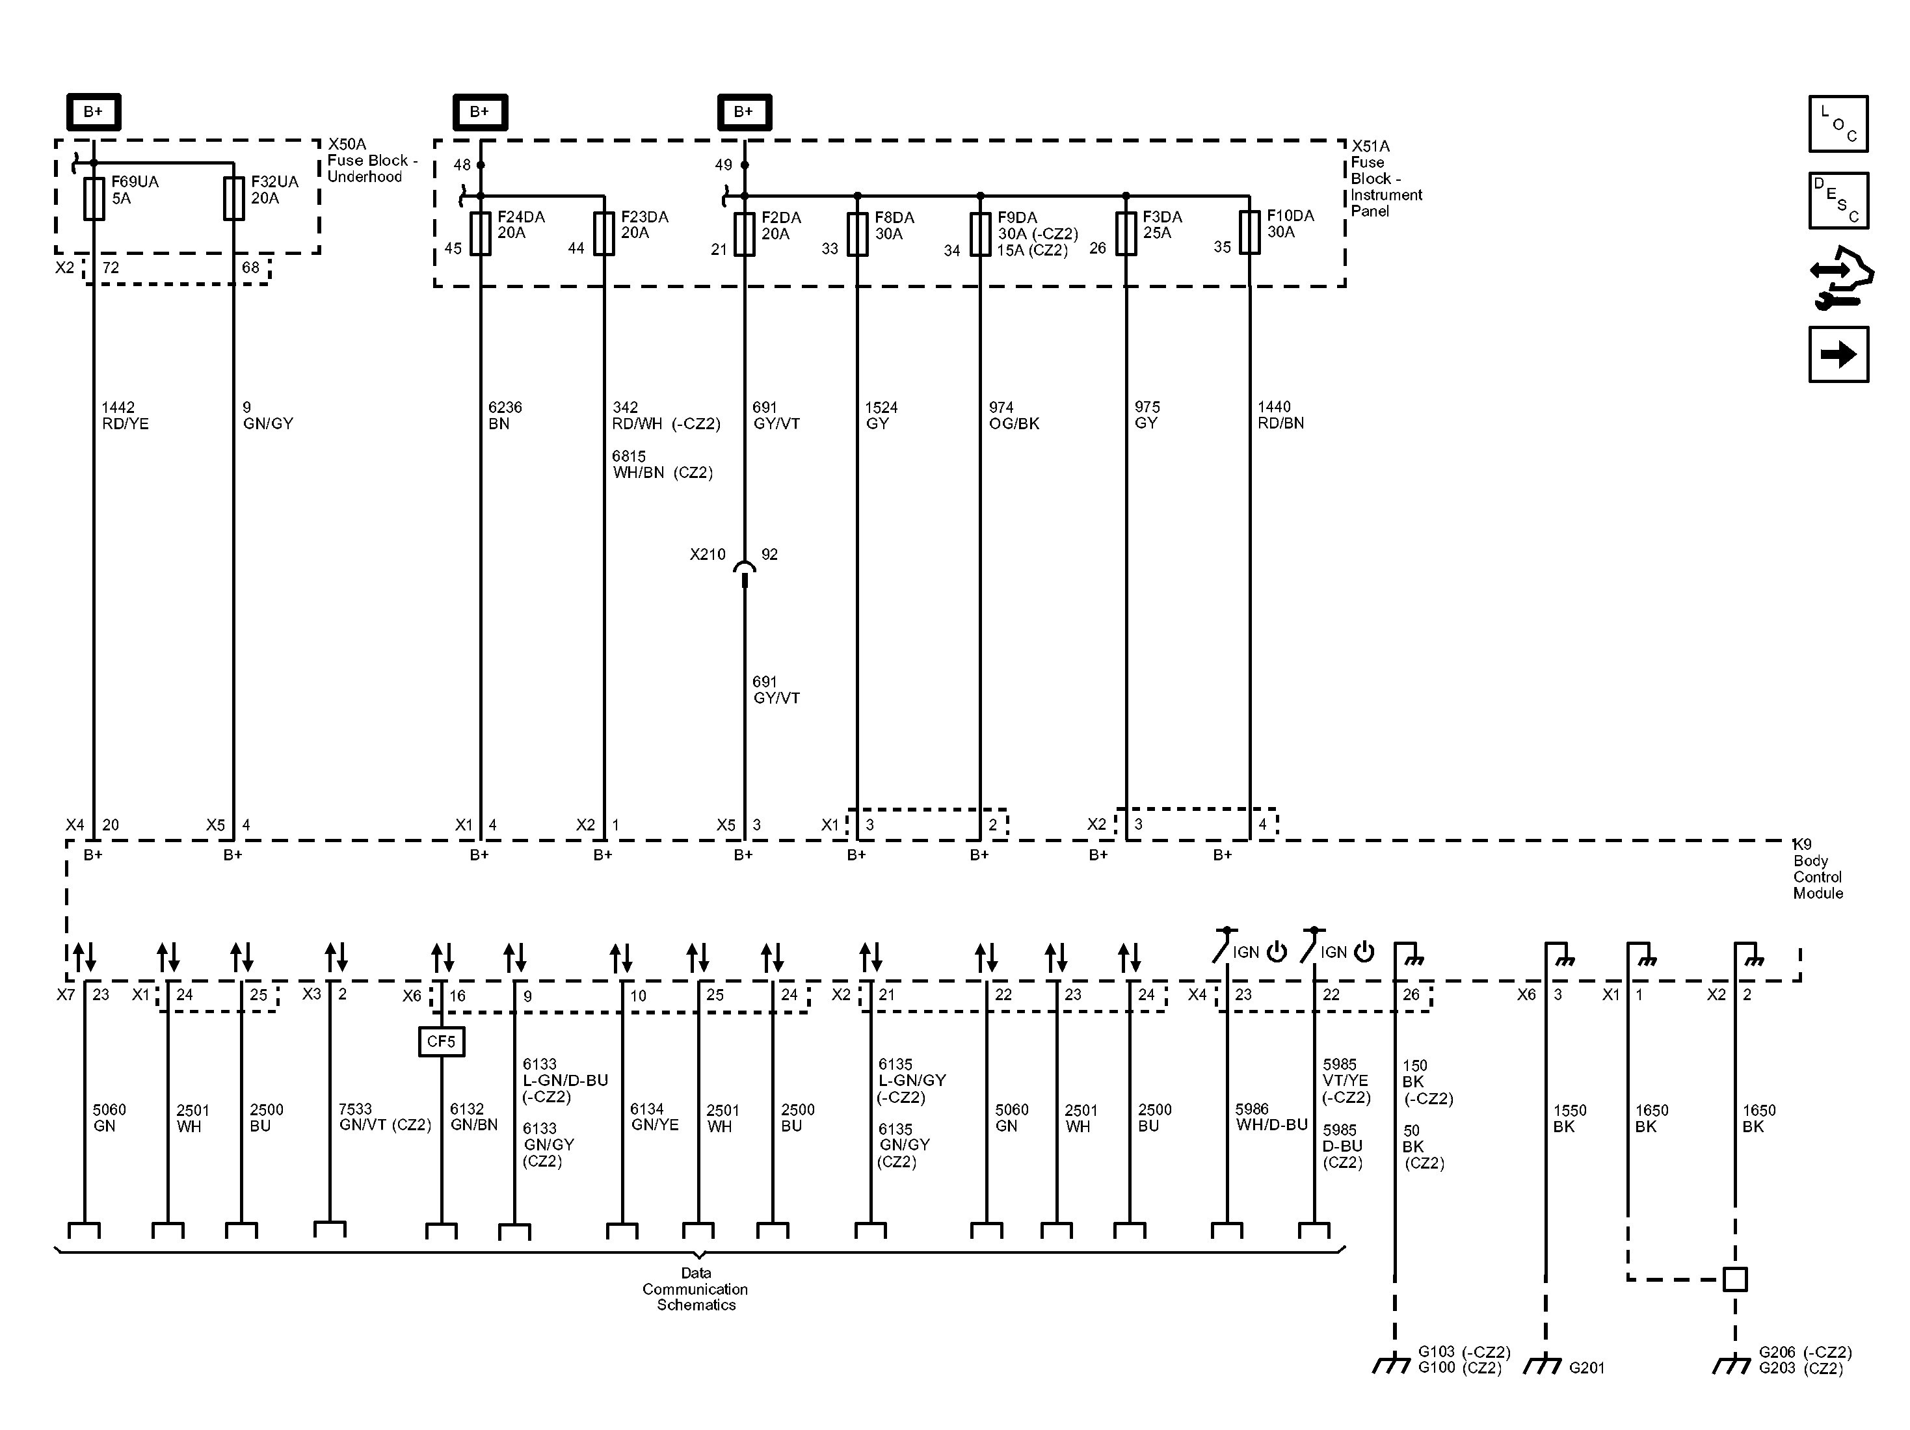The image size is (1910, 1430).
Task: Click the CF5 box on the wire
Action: [x=441, y=1041]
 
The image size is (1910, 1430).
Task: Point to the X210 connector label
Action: [x=707, y=555]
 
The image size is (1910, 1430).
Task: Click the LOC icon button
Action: [x=1838, y=124]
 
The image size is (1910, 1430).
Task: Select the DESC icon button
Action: [x=1838, y=201]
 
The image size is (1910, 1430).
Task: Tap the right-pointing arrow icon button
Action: [x=1838, y=354]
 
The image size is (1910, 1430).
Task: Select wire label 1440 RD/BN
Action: [x=1280, y=414]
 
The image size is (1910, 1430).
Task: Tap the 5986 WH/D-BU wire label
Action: [x=1271, y=1117]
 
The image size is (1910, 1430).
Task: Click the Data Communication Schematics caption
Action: [x=695, y=1290]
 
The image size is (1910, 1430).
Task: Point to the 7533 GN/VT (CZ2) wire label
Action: [x=384, y=1117]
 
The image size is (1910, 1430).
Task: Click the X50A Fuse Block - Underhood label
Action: [x=371, y=161]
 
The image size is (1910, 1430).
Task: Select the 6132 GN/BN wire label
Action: [x=474, y=1117]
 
